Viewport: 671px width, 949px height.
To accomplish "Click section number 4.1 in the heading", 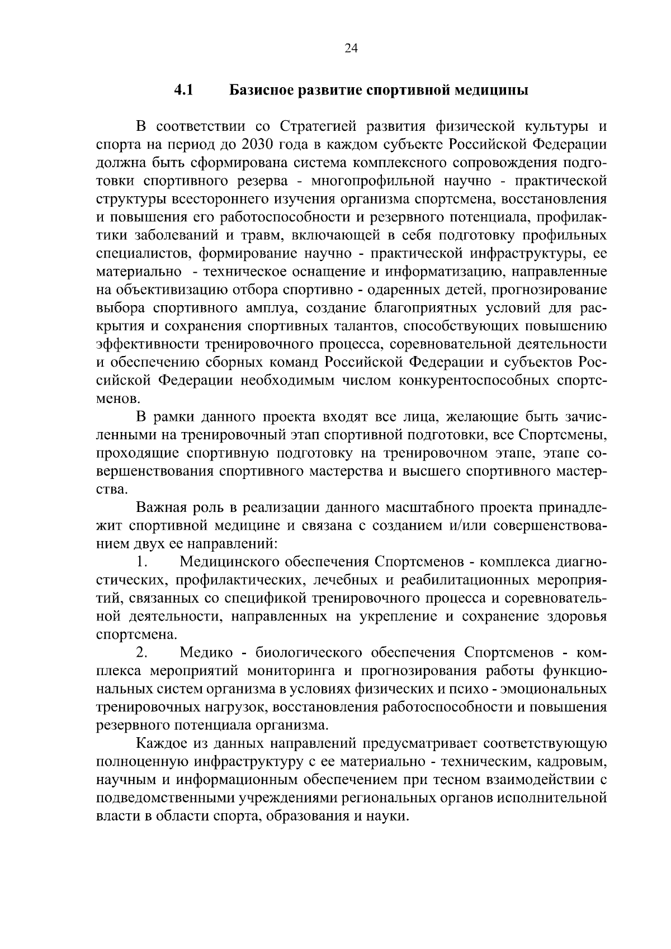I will pyautogui.click(x=183, y=90).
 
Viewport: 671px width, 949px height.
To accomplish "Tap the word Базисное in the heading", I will pyautogui.click(x=262, y=90).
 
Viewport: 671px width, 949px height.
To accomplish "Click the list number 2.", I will pyautogui.click(x=141, y=653).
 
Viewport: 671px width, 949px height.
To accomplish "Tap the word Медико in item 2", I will pyautogui.click(x=206, y=653).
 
